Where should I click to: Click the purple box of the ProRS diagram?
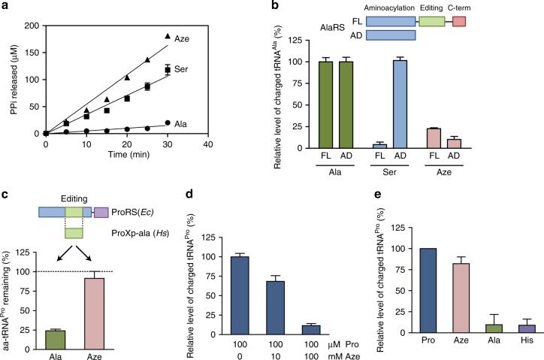pyautogui.click(x=101, y=213)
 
